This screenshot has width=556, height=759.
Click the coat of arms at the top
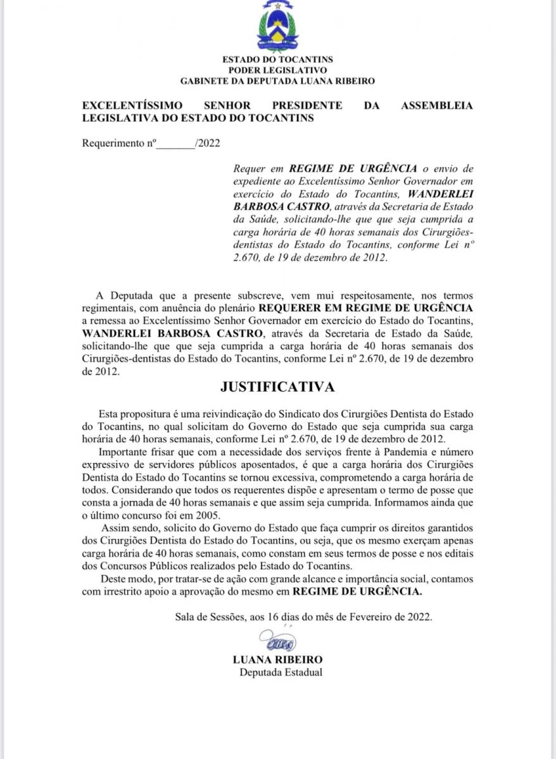point(277,27)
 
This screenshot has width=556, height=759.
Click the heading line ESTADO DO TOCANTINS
point(277,59)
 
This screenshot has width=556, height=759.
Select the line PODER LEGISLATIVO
point(277,70)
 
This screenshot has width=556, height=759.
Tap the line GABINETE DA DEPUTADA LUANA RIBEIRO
point(277,81)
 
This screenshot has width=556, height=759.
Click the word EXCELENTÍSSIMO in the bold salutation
point(132,106)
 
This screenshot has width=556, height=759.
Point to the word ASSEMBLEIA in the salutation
point(436,106)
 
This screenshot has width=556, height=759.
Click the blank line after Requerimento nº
point(175,144)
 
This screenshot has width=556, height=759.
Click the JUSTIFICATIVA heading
point(277,386)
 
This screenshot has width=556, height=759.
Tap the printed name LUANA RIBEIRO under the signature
point(277,660)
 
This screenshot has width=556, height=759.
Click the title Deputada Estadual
point(281,672)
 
